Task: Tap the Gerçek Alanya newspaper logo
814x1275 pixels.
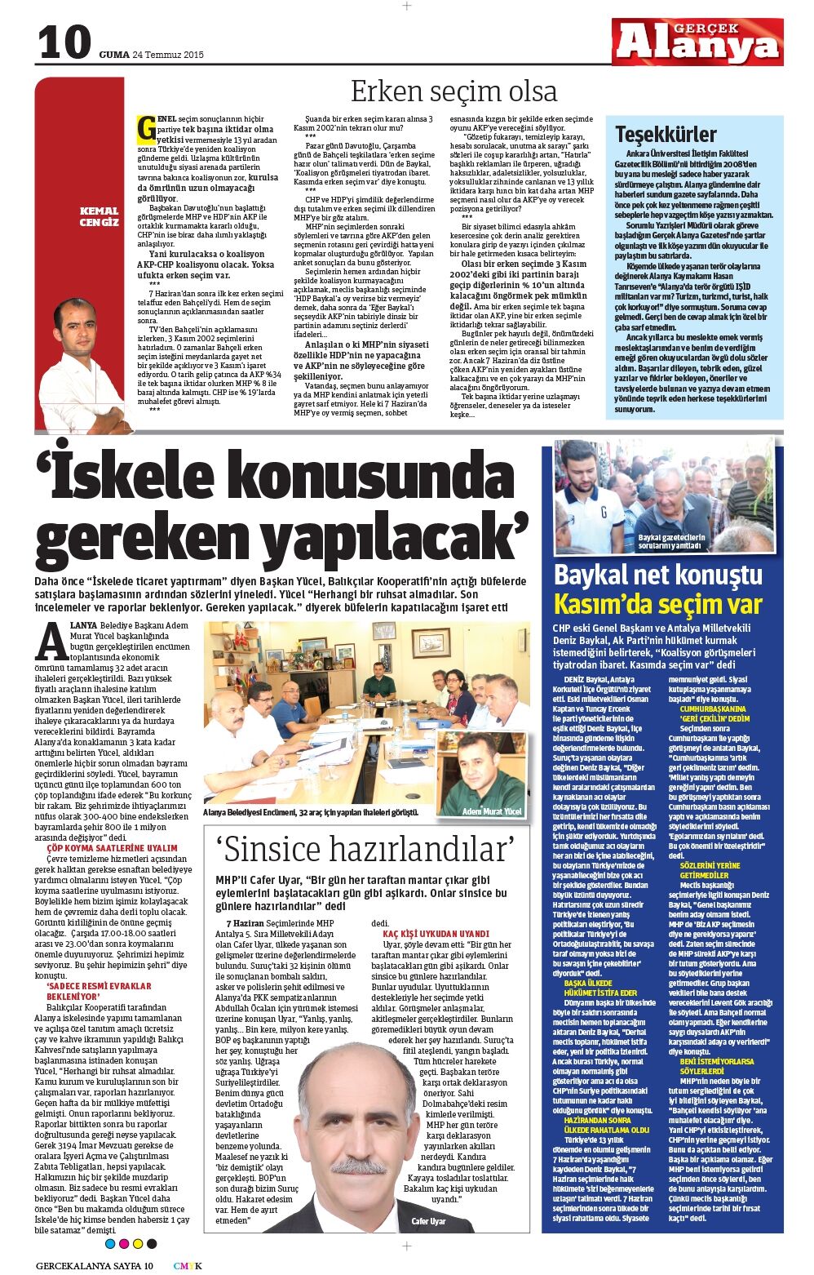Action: [x=697, y=42]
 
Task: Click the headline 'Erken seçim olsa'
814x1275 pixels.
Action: [x=453, y=91]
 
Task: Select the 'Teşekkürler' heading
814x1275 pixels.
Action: [x=666, y=134]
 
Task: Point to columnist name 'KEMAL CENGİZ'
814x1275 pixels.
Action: [x=99, y=216]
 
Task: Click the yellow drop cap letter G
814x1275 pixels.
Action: [x=147, y=129]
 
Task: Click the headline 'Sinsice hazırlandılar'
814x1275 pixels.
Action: [x=366, y=850]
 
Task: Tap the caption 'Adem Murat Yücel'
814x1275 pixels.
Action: [x=491, y=811]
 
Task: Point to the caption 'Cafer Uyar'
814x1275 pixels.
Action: [x=428, y=1221]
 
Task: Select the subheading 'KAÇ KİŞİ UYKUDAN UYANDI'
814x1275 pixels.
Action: [x=436, y=933]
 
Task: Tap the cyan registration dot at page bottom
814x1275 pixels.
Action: [x=111, y=1243]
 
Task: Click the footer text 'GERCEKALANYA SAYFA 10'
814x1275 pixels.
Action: [x=94, y=1266]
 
